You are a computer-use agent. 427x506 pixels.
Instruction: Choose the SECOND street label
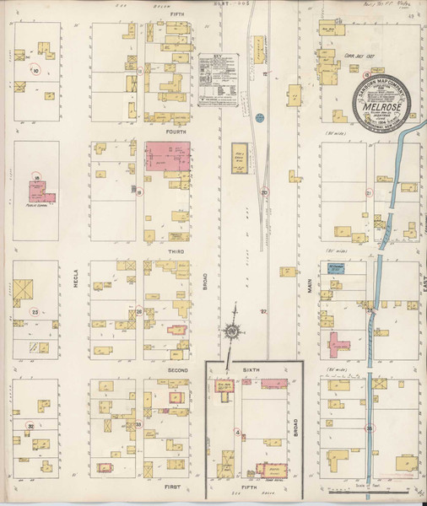176,369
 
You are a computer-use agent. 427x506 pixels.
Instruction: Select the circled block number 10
35,71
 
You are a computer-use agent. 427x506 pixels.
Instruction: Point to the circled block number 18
38,178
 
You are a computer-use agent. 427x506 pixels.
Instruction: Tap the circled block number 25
35,311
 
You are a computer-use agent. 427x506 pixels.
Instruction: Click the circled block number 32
31,427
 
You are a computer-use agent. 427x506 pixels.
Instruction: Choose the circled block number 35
370,429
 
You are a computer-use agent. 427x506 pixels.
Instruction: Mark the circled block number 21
369,193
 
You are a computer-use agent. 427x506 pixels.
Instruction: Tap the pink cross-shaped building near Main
339,344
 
